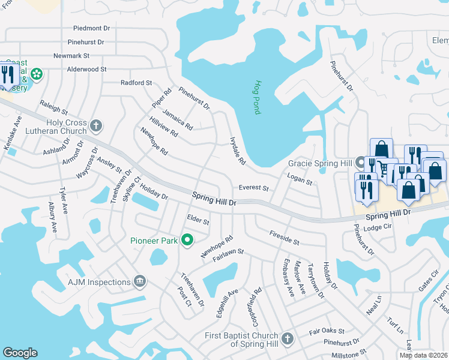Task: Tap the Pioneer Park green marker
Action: (187, 241)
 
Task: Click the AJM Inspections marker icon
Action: (140, 282)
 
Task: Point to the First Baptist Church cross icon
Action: (287, 339)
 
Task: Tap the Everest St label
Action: (253, 188)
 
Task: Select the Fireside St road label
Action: (284, 237)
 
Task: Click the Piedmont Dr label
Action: (92, 28)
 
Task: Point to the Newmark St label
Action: (71, 55)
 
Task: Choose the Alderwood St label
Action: (86, 70)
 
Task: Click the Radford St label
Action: (136, 83)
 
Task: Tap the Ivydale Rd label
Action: (238, 150)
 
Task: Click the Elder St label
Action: (198, 220)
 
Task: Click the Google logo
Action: (20, 353)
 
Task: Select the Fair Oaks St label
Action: (327, 331)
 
